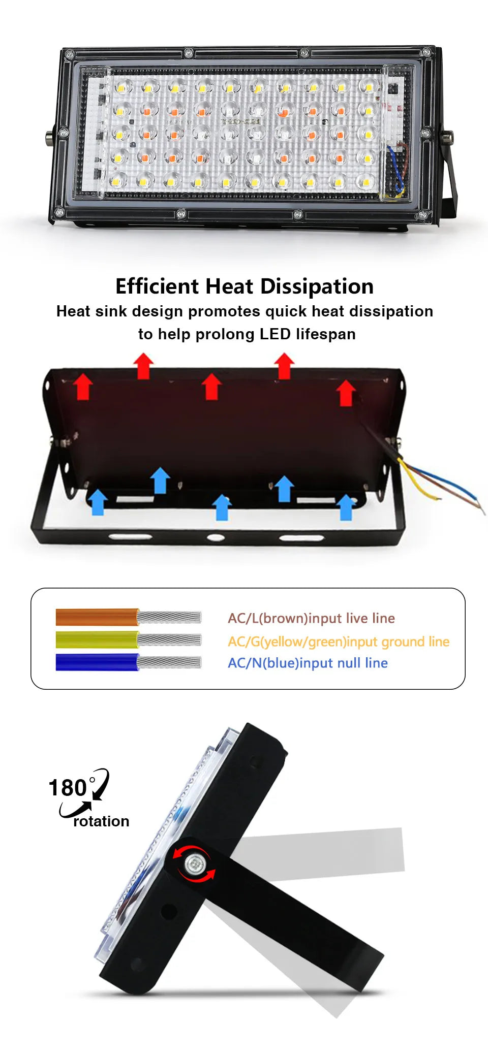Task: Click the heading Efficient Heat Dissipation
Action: [245, 286]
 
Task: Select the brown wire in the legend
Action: [97, 617]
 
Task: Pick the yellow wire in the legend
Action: [97, 639]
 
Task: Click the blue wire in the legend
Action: [97, 662]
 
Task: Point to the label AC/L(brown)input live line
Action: [311, 618]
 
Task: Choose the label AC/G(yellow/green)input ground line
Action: [339, 642]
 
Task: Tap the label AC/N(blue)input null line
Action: [308, 663]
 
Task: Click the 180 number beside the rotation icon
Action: [68, 788]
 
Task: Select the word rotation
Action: [101, 821]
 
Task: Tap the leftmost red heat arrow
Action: [83, 387]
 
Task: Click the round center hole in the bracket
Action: [215, 537]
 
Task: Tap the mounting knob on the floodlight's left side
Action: [49, 137]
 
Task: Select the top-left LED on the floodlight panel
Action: [122, 87]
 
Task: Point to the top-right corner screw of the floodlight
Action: [426, 52]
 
